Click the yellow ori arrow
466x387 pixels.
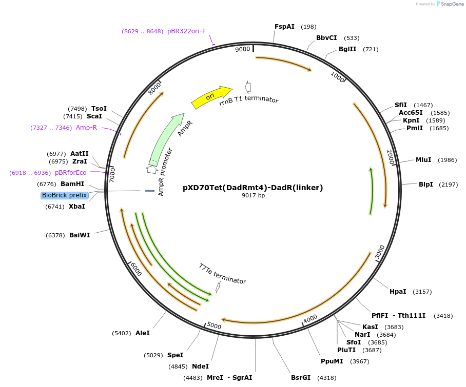[x=211, y=96]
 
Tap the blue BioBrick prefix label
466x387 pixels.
[x=65, y=195]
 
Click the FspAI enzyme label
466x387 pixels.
[x=284, y=27]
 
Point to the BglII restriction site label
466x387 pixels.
[x=347, y=49]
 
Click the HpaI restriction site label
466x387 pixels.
[x=398, y=292]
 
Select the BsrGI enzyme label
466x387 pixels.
[x=301, y=378]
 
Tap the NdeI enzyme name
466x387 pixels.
[x=200, y=366]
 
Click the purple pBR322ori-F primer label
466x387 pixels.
[x=186, y=31]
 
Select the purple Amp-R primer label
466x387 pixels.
[x=86, y=128]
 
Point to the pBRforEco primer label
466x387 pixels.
[x=71, y=173]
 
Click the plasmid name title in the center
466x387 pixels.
[x=253, y=188]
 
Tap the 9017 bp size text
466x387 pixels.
[x=254, y=196]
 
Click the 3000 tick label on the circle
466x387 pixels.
[x=379, y=252]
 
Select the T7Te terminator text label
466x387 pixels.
[x=222, y=274]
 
